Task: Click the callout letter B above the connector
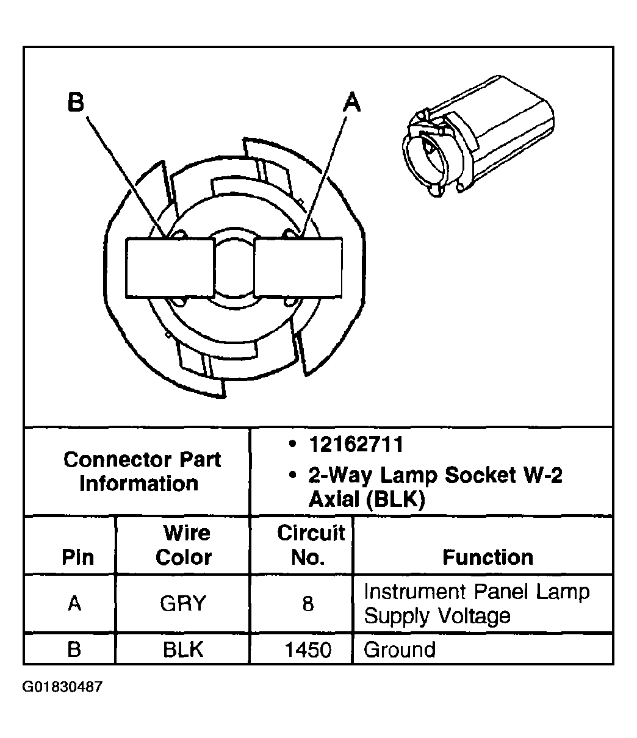76,102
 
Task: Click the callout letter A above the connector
351,102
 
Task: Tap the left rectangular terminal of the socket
170,268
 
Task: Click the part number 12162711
355,445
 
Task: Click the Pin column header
78,557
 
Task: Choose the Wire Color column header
184,545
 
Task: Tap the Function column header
488,557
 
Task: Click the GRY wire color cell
183,604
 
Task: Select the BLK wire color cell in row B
183,650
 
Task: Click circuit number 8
308,604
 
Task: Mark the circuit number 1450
308,650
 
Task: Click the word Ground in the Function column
400,650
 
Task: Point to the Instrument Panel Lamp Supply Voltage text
476,604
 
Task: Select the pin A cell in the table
74,604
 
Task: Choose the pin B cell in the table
74,650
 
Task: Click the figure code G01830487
63,687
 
